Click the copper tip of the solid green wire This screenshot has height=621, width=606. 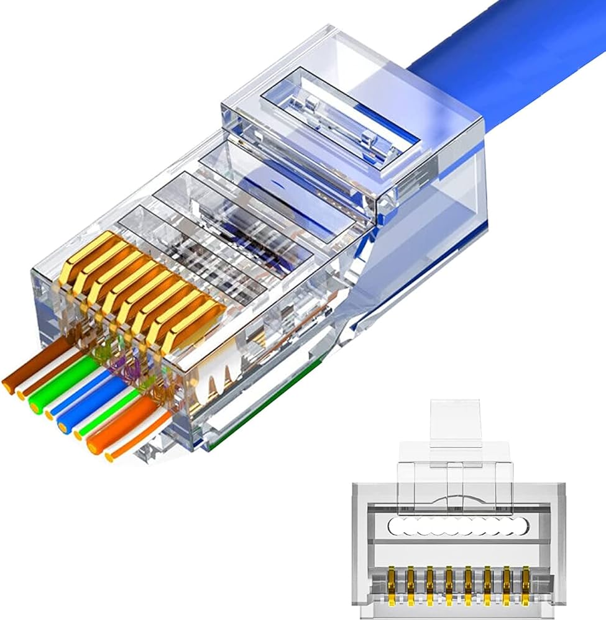pyautogui.click(x=34, y=407)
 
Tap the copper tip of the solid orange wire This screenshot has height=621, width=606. pyautogui.click(x=93, y=446)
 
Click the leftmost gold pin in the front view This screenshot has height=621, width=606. pyautogui.click(x=391, y=581)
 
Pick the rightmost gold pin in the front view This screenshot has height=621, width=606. pyautogui.click(x=526, y=581)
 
